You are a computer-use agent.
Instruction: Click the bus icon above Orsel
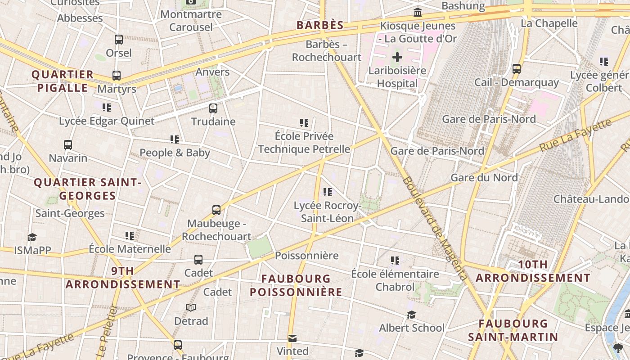pos(119,40)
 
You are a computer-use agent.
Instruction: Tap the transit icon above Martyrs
pos(117,75)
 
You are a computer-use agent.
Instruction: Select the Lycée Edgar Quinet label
pos(107,121)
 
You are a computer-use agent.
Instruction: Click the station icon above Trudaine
pos(213,108)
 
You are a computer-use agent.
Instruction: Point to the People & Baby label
pos(175,153)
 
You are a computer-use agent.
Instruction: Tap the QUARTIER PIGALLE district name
pos(63,81)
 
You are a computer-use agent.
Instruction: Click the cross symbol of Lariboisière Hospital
pos(397,57)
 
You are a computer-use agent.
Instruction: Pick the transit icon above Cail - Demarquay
pos(517,69)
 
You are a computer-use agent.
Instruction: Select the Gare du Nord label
pos(484,177)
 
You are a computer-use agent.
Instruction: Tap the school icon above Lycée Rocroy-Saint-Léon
pos(328,192)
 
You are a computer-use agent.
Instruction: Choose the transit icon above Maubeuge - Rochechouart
pos(216,210)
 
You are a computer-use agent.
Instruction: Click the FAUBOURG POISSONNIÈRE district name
pos(296,285)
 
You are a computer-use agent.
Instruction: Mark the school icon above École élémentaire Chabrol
pos(395,261)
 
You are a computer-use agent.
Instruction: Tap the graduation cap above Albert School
pos(411,315)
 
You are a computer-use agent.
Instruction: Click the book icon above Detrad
pos(191,307)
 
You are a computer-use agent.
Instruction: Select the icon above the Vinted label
pos(292,338)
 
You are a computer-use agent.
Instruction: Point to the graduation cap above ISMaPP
pos(32,237)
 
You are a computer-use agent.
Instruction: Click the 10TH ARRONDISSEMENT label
pos(533,271)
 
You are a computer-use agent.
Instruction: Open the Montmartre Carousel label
pos(191,21)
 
